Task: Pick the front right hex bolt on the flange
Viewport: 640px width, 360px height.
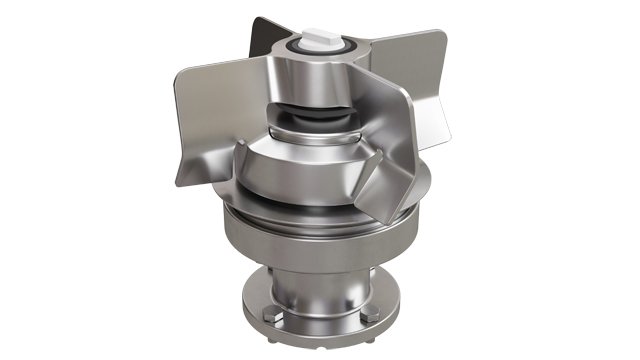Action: tap(370, 316)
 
